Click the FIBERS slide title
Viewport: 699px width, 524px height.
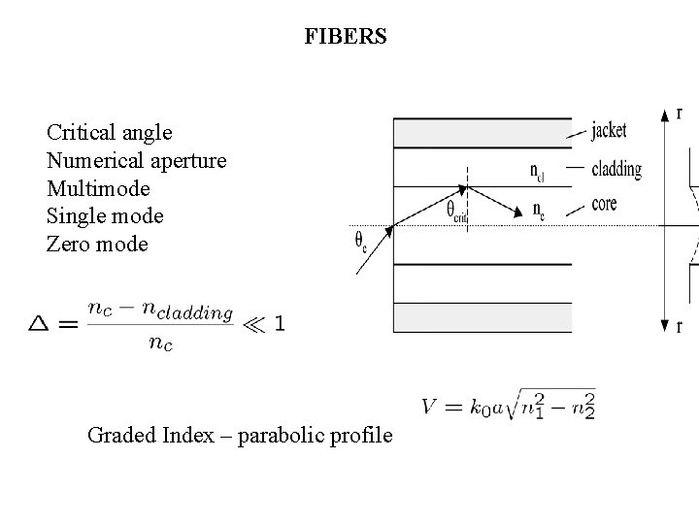click(x=345, y=37)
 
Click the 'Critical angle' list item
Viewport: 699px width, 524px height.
click(x=109, y=131)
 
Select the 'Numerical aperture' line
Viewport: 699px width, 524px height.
click(x=136, y=159)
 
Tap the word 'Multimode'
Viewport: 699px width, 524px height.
click(x=98, y=187)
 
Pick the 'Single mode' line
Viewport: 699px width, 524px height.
click(x=105, y=215)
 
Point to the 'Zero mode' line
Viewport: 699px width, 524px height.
click(x=97, y=244)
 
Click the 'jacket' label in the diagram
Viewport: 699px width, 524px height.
click(x=609, y=130)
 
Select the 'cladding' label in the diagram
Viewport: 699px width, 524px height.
click(x=616, y=169)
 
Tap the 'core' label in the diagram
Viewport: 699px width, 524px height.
click(x=603, y=204)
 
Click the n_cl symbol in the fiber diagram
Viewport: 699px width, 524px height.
click(x=537, y=171)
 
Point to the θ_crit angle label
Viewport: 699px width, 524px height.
click(x=456, y=211)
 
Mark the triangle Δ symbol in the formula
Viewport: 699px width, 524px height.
click(x=40, y=323)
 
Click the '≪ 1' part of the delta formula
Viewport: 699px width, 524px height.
click(x=265, y=323)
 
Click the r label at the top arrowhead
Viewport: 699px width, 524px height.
click(x=679, y=113)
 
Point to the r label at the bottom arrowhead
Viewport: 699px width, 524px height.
click(x=679, y=327)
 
